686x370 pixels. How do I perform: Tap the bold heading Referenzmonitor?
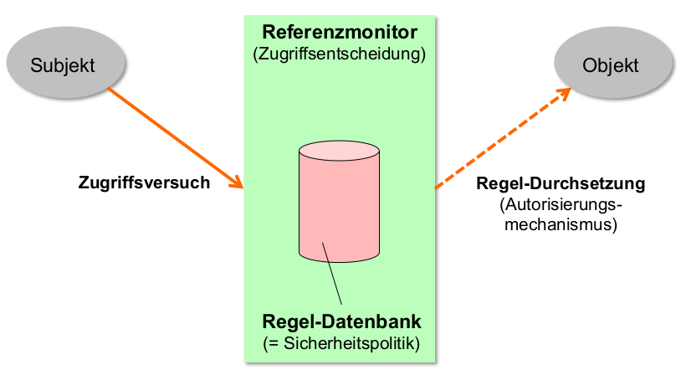[340, 33]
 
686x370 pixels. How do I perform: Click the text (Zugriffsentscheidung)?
[340, 54]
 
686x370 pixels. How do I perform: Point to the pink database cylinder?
[339, 209]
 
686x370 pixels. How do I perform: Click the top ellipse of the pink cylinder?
[339, 153]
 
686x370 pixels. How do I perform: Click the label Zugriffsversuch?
[144, 182]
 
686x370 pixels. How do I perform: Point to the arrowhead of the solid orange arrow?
[237, 182]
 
